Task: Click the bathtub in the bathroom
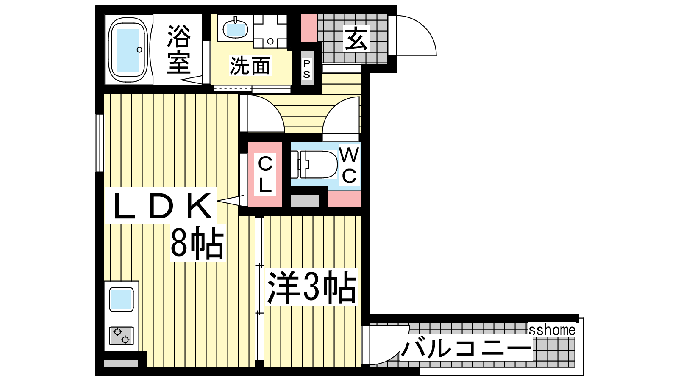(x=128, y=50)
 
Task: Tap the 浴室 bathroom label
(x=179, y=49)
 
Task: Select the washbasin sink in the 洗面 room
(x=235, y=28)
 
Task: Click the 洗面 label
(x=250, y=65)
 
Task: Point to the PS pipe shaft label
(x=307, y=69)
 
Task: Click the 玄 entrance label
(x=356, y=38)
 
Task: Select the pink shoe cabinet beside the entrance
(x=309, y=28)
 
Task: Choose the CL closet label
(x=265, y=174)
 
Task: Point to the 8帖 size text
(x=197, y=243)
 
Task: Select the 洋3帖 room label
(x=312, y=287)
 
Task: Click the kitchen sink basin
(x=121, y=299)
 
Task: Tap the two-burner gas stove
(x=121, y=336)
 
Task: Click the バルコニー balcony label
(x=466, y=348)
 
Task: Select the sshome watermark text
(x=552, y=330)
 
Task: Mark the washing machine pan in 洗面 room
(x=270, y=31)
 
